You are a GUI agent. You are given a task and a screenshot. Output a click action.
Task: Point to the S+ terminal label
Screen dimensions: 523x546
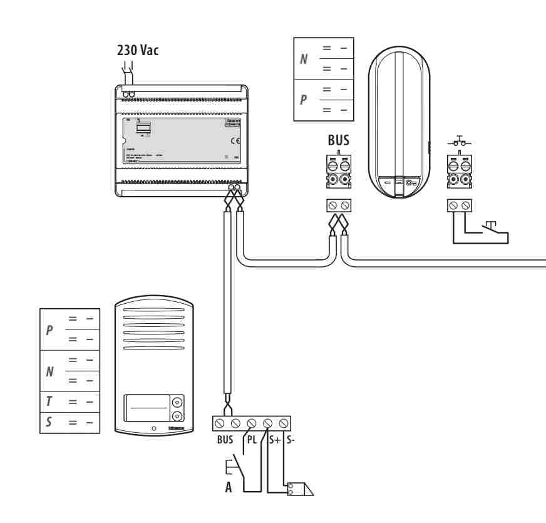point(274,439)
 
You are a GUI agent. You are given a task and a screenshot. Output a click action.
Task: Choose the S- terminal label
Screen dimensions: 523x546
point(291,439)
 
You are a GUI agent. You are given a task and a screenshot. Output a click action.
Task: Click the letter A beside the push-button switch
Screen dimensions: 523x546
point(229,487)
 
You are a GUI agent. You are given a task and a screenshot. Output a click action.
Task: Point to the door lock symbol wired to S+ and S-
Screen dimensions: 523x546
point(300,489)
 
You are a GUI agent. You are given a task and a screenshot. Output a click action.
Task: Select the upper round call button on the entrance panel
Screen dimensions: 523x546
point(177,401)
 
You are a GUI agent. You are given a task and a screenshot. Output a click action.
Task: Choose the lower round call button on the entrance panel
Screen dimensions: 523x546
point(177,416)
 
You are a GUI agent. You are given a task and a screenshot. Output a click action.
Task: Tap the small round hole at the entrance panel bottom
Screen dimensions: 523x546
point(152,429)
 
